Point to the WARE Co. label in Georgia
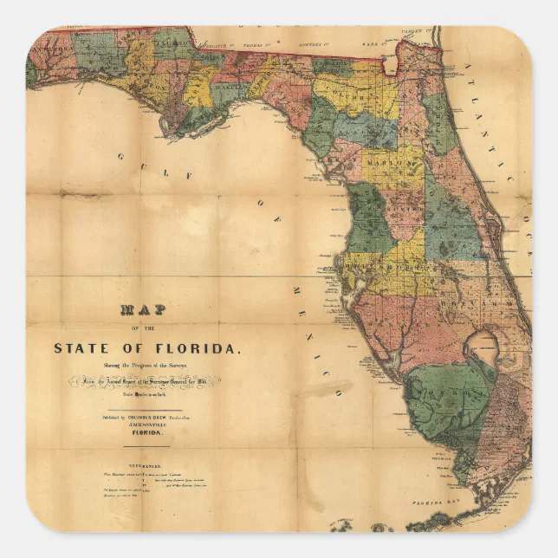click(371, 37)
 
